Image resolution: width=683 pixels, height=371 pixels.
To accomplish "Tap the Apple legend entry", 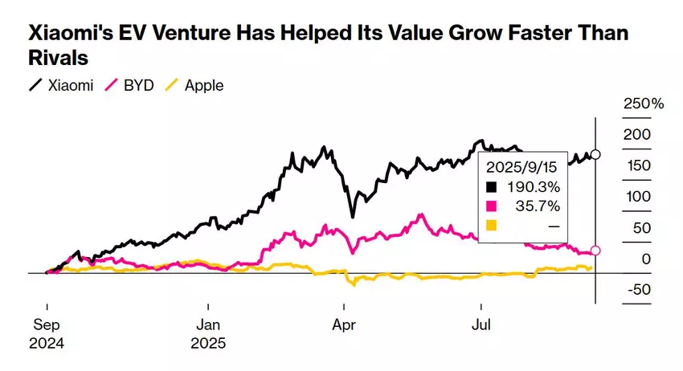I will (x=194, y=85).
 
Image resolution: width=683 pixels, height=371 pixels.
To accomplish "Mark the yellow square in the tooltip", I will (x=492, y=226).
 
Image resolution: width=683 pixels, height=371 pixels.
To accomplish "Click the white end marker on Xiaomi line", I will (x=595, y=154).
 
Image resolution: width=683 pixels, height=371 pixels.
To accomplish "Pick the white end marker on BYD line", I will (x=595, y=251).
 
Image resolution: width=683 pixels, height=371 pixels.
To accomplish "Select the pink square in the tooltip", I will (x=492, y=206).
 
